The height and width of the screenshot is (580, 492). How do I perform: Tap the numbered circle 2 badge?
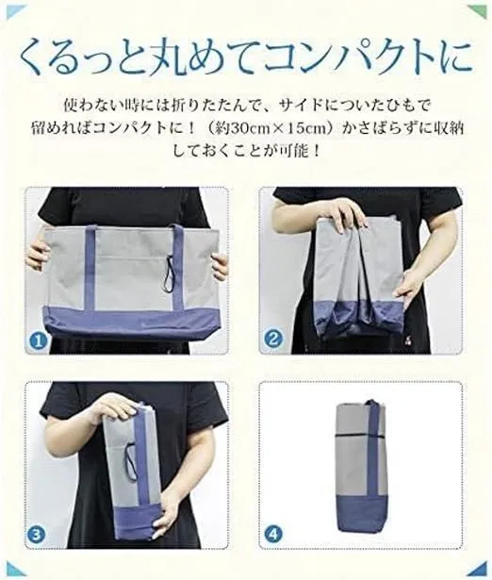[272, 339]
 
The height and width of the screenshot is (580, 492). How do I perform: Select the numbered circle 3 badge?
[37, 535]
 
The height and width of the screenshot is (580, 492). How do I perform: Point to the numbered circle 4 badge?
[273, 534]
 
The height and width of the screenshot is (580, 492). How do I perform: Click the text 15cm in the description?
[305, 128]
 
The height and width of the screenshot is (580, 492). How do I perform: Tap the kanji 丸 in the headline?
[161, 58]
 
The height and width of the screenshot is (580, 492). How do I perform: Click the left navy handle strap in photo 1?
[90, 267]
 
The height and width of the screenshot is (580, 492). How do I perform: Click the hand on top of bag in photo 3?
[111, 407]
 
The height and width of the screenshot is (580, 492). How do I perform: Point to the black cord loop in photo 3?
[130, 456]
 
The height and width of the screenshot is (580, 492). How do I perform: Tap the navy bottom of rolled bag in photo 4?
[358, 514]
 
